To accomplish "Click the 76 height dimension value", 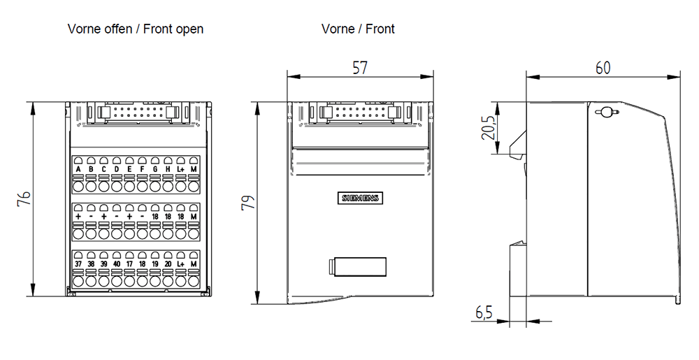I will pos(24,199).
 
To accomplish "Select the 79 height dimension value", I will pos(247,203).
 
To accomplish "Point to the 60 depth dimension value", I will pos(603,67).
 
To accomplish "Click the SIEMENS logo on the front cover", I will pos(360,198).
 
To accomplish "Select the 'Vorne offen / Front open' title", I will pos(136,29).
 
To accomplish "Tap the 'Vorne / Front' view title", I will pos(358,29).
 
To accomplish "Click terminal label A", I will pos(78,169).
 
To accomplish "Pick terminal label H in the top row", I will pos(168,169).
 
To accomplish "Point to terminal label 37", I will pos(78,264).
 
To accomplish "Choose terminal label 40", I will pos(117,264).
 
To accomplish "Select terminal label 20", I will pos(168,264).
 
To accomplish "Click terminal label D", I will pos(117,169).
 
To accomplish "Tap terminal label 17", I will pos(129,264).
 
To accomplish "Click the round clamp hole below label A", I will pos(78,186).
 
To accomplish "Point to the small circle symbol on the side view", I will pos(605,111).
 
